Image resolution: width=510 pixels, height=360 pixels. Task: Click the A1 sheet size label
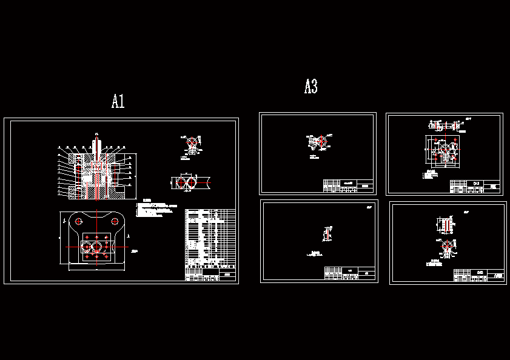pyautogui.click(x=118, y=101)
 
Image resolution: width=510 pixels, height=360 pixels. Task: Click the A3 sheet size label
pyautogui.click(x=310, y=87)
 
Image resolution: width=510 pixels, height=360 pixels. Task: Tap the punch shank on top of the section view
pyautogui.click(x=96, y=144)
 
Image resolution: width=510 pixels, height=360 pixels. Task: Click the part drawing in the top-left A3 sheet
pyautogui.click(x=318, y=141)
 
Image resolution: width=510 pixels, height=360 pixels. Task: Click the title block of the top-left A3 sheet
pyautogui.click(x=349, y=185)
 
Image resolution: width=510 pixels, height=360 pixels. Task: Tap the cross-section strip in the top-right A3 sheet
pyautogui.click(x=446, y=127)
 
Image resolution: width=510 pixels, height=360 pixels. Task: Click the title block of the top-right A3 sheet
pyautogui.click(x=476, y=187)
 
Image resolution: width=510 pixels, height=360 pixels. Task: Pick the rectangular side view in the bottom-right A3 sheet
pyautogui.click(x=448, y=225)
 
